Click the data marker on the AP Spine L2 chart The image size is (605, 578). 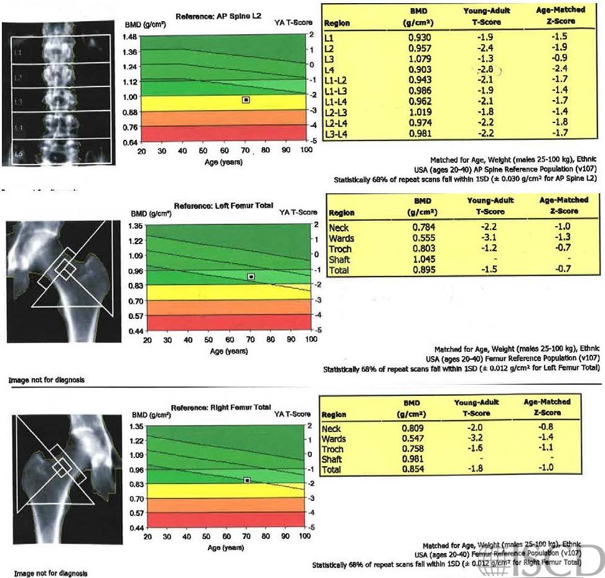pos(246,99)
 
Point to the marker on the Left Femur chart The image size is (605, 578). pos(251,277)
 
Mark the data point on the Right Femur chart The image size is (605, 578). pos(247,480)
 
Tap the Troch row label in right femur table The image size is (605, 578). pos(333,449)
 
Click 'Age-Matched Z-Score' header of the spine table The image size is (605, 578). pos(555,17)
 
